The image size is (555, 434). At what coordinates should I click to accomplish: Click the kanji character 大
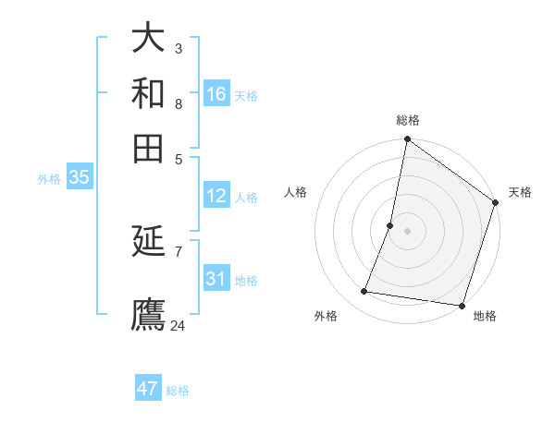148,39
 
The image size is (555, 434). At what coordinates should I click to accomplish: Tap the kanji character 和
148,93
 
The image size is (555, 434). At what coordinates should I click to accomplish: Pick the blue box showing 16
216,94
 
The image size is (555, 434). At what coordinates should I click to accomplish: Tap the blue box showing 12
216,196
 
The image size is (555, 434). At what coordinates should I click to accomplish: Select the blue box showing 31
216,279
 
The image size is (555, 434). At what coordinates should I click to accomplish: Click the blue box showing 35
79,178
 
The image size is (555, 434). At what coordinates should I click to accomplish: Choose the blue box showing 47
148,389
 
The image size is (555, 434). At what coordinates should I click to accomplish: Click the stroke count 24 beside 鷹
179,325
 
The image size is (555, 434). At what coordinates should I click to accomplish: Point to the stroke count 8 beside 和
179,103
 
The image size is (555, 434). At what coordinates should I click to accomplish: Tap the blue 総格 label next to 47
178,391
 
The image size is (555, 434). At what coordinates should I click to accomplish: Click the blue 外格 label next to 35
49,179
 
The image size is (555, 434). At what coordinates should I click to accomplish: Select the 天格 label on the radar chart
520,192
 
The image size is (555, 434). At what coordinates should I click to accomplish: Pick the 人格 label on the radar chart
296,192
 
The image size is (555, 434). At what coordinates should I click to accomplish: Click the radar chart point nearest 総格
407,140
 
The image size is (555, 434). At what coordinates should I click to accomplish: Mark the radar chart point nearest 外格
364,292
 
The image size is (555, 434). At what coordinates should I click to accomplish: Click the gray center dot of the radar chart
407,231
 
